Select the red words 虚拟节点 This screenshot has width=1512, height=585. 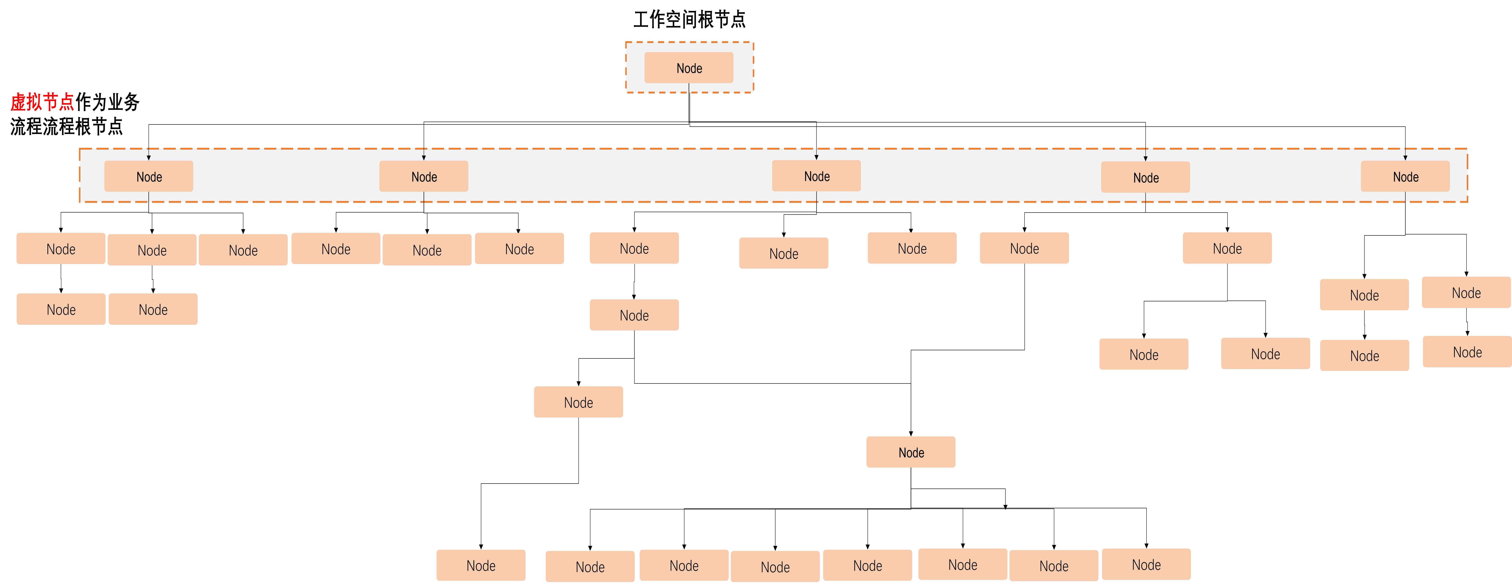[42, 102]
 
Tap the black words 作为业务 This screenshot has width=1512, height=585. [107, 102]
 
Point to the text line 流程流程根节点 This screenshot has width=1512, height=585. [66, 126]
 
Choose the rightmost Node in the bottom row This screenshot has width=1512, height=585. [1146, 564]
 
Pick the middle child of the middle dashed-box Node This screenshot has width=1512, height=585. [784, 253]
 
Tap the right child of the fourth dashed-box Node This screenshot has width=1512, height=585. [1227, 248]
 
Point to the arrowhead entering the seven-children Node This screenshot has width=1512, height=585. [911, 434]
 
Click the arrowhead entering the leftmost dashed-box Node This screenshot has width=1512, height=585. [149, 157]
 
